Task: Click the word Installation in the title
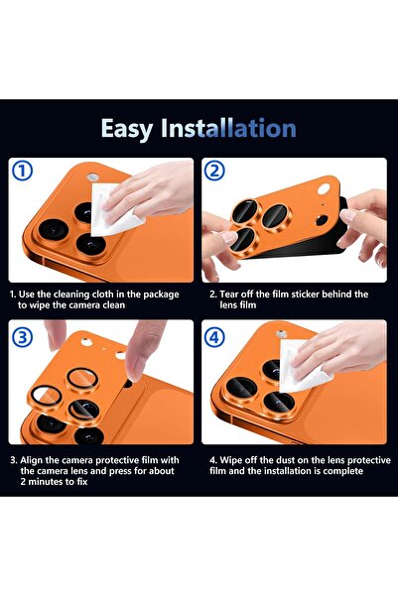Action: click(235, 129)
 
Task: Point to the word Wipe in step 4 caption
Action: click(233, 460)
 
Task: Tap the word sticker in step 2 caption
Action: click(312, 295)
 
